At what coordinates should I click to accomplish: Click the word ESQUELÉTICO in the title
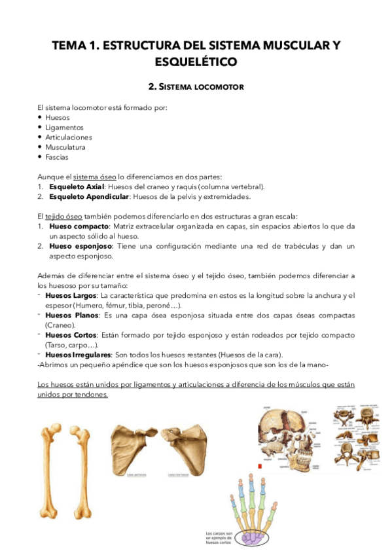click(x=196, y=62)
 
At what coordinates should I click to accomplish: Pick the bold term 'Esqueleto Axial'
click(x=73, y=187)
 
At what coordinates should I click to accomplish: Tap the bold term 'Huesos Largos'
click(x=69, y=295)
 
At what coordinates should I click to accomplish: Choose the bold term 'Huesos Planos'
click(x=69, y=315)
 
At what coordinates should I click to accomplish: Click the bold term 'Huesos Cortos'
click(x=69, y=334)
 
